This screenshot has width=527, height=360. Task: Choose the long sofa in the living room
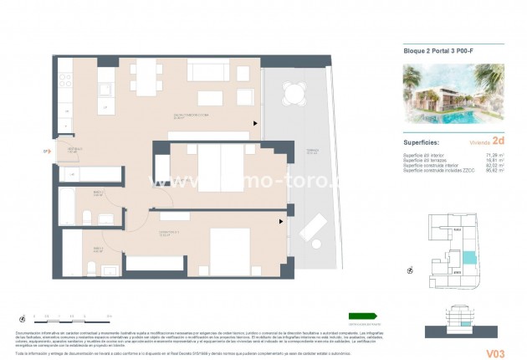click(207, 71)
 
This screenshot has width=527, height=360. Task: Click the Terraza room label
click(311, 152)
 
